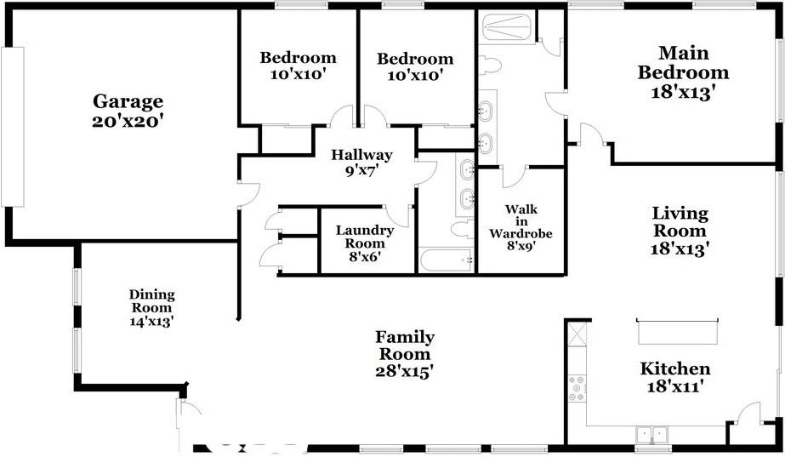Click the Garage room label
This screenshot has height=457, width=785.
click(x=128, y=102)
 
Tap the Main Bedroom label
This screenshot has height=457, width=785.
click(x=683, y=62)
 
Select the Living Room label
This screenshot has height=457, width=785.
click(x=680, y=221)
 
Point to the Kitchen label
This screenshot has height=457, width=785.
click(x=675, y=368)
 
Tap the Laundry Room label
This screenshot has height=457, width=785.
click(x=364, y=237)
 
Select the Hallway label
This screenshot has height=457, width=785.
click(x=361, y=155)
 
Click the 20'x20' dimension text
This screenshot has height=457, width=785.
click(x=128, y=121)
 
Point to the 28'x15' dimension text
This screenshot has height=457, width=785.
click(x=405, y=371)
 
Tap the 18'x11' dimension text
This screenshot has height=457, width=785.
click(x=675, y=386)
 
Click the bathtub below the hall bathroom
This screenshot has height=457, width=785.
click(x=445, y=260)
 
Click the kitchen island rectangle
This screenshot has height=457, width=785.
click(x=679, y=332)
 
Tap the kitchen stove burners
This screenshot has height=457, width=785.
click(x=577, y=388)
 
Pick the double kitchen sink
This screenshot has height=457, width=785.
click(x=652, y=435)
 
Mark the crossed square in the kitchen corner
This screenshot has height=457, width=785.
click(x=577, y=333)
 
